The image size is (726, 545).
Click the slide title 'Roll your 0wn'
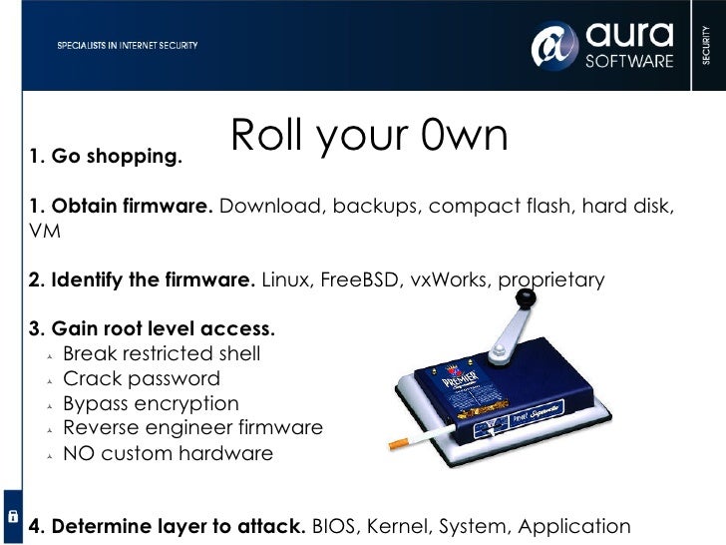coord(369,138)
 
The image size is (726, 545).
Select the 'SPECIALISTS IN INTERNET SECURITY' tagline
coord(127,46)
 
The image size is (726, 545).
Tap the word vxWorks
coord(449,279)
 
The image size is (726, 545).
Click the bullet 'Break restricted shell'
coord(162,353)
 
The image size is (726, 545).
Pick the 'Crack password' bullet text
coord(141,378)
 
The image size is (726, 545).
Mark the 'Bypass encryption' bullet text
coord(151,403)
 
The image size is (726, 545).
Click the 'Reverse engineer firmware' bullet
coord(192,427)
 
